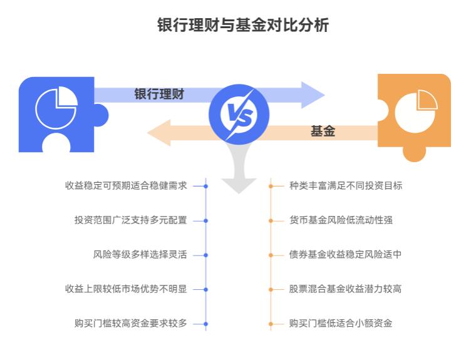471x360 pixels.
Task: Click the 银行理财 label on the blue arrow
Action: [x=159, y=95]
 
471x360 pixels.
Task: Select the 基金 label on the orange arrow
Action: [x=323, y=131]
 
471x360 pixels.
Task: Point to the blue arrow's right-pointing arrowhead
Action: [x=313, y=95]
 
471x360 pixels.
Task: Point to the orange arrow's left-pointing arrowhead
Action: [x=159, y=133]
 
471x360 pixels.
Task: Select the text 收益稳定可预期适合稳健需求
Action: [x=126, y=186]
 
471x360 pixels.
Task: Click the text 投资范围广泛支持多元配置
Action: [x=130, y=220]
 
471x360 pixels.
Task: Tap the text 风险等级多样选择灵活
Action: [x=140, y=255]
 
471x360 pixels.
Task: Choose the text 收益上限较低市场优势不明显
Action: [x=126, y=289]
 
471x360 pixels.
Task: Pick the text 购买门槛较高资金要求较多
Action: [x=130, y=324]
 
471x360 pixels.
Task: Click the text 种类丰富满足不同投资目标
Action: [x=346, y=186]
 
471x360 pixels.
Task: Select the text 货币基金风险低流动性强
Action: [x=341, y=220]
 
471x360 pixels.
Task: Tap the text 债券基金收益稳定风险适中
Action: [x=346, y=255]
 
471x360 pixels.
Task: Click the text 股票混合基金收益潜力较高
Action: [x=346, y=289]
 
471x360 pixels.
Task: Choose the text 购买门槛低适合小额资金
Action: [x=341, y=324]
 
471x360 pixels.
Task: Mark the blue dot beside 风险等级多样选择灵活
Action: [x=206, y=255]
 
